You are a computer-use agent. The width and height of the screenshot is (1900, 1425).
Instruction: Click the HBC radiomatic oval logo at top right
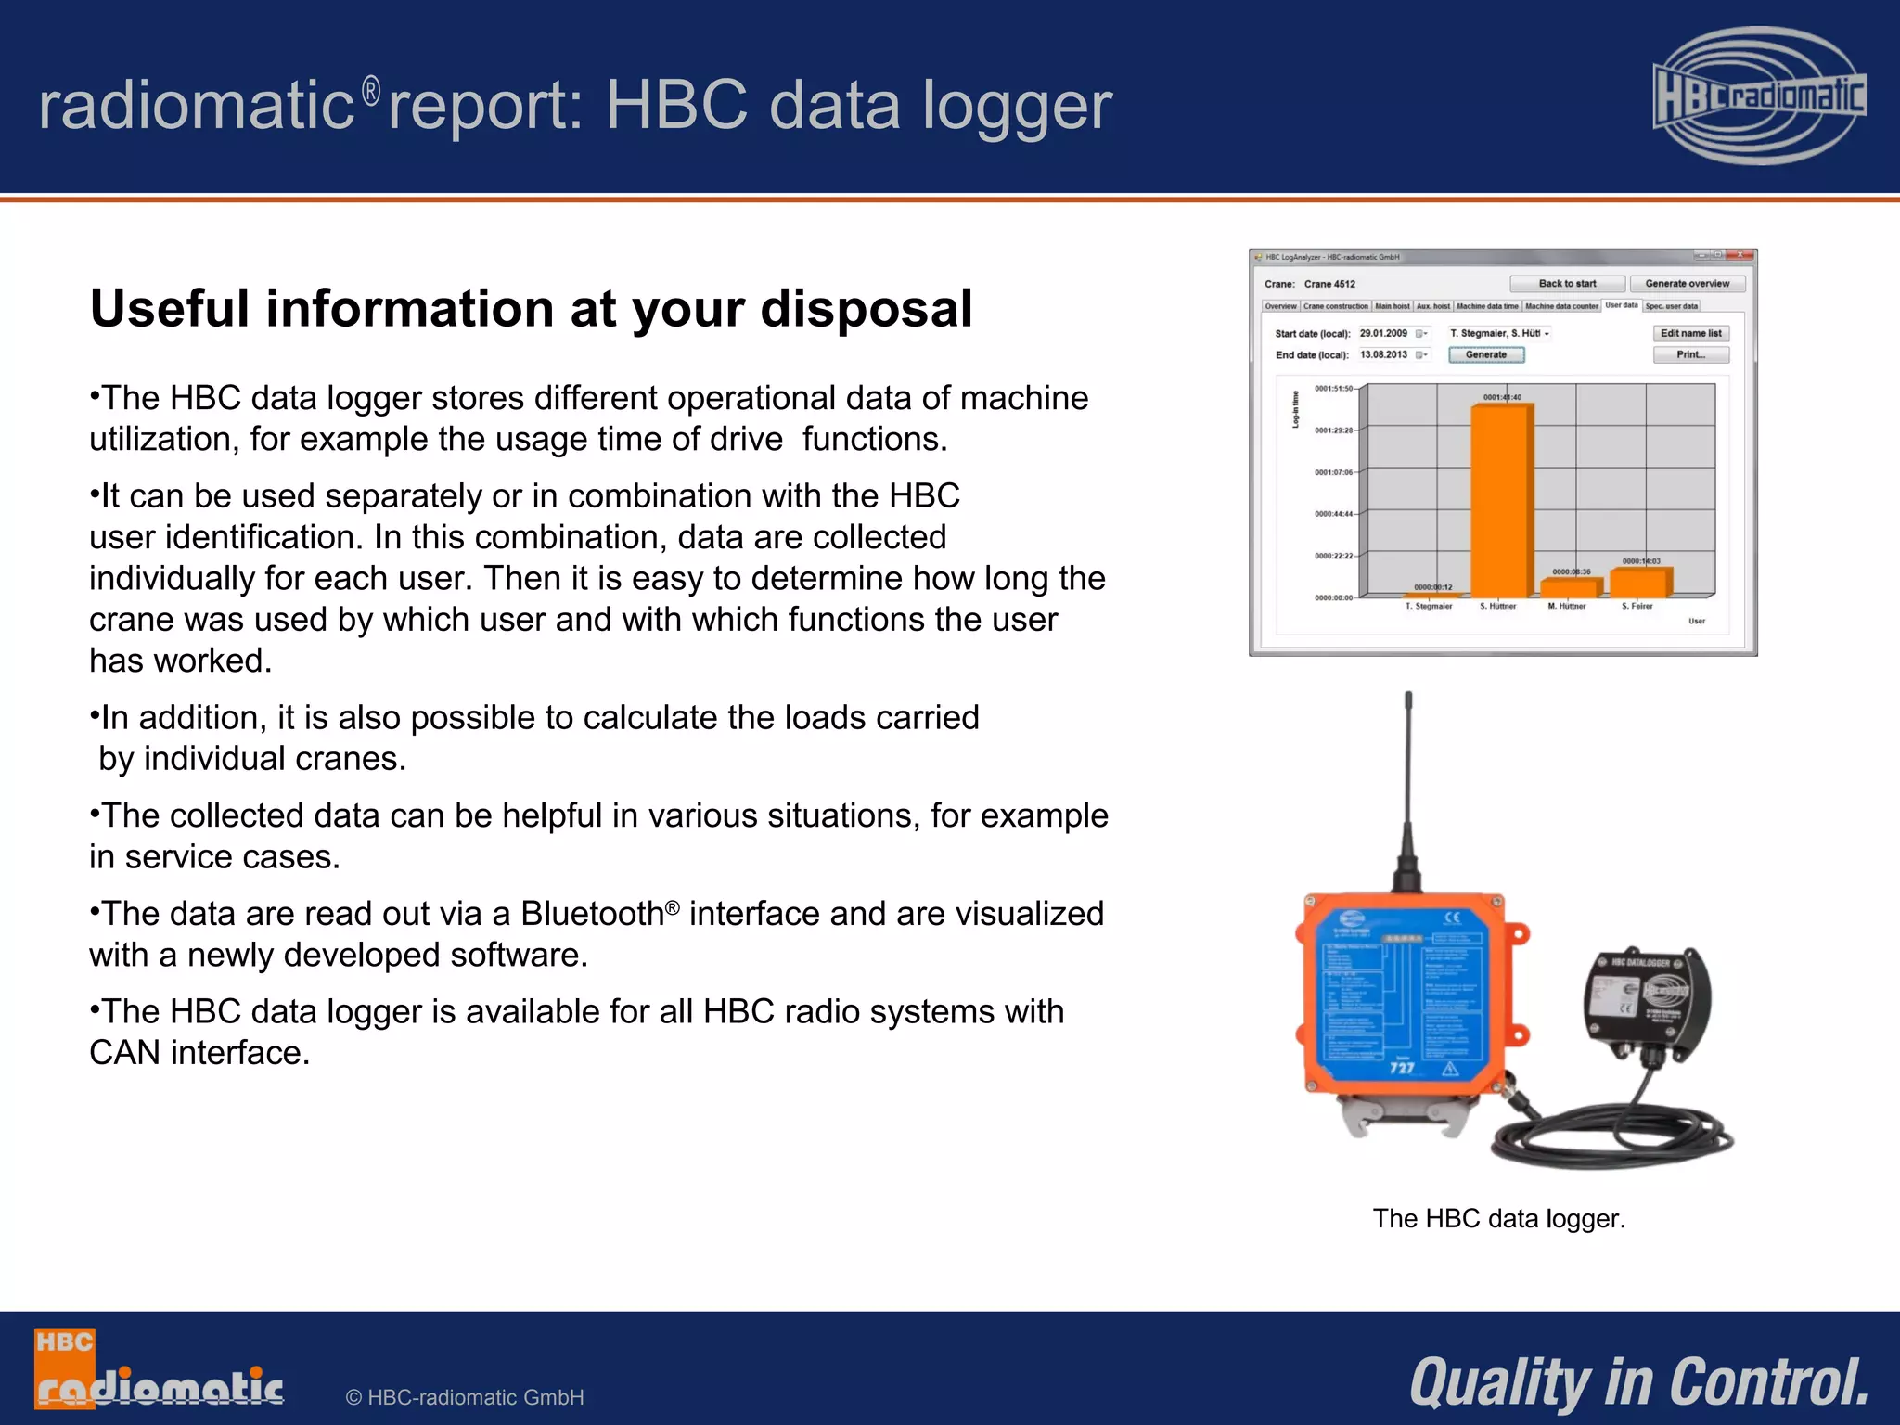(1759, 96)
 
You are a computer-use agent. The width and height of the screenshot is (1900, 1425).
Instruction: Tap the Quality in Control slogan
(1638, 1382)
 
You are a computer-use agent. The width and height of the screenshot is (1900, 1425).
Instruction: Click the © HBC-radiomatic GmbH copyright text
(464, 1397)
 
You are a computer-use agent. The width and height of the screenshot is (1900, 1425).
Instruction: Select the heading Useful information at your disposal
(531, 308)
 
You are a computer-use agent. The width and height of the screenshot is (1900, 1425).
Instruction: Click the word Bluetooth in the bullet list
(592, 914)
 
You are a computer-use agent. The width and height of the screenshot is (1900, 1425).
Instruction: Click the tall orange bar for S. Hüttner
(1501, 501)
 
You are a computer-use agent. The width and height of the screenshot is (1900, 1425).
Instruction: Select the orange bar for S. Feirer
(1639, 582)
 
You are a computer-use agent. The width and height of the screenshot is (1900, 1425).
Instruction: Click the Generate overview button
(1687, 284)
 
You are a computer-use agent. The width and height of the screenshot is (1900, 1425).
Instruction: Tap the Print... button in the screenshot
(1690, 354)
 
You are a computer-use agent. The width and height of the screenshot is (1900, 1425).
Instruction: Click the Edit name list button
(1690, 333)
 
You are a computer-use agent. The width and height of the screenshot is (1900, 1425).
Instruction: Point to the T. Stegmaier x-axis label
(1429, 606)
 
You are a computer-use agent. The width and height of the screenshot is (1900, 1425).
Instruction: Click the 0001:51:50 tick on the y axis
(1333, 389)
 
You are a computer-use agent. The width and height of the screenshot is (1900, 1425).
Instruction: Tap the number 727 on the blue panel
(1401, 1068)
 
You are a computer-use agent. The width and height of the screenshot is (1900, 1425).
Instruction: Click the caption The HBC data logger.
(1499, 1218)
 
